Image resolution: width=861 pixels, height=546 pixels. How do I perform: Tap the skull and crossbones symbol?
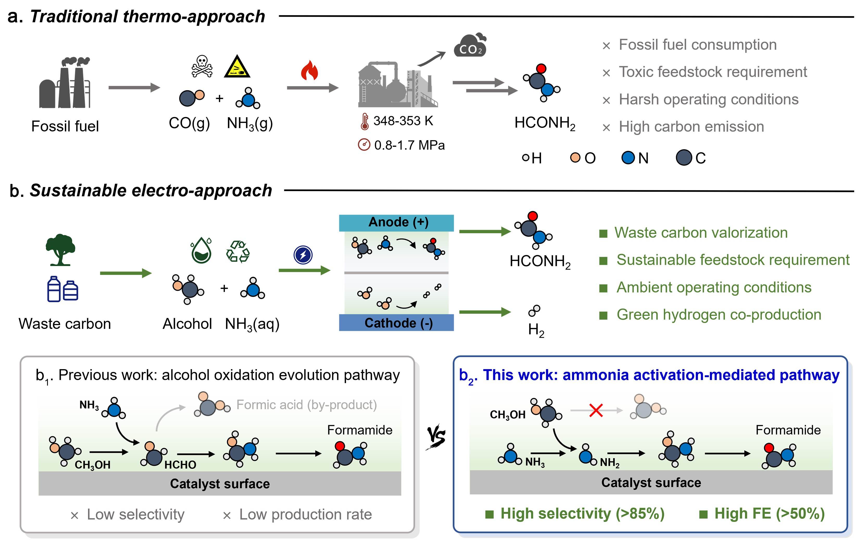[202, 66]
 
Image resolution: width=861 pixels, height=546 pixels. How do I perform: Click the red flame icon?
[309, 71]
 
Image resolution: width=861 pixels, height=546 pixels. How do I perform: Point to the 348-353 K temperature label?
[403, 121]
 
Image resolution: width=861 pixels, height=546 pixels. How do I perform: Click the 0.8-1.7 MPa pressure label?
[409, 145]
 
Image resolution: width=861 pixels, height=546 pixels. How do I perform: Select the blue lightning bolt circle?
[303, 255]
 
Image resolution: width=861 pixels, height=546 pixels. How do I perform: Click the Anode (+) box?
[396, 222]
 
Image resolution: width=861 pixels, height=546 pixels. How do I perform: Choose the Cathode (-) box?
[396, 323]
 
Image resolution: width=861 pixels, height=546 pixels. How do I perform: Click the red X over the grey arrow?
[596, 410]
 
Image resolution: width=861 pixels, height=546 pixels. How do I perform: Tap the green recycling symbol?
[238, 252]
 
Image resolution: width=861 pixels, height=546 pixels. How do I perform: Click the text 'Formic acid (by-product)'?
[306, 405]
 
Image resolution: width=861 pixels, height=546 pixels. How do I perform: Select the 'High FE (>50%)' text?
[769, 514]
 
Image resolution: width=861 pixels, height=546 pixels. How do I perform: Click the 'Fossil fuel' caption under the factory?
[65, 126]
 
